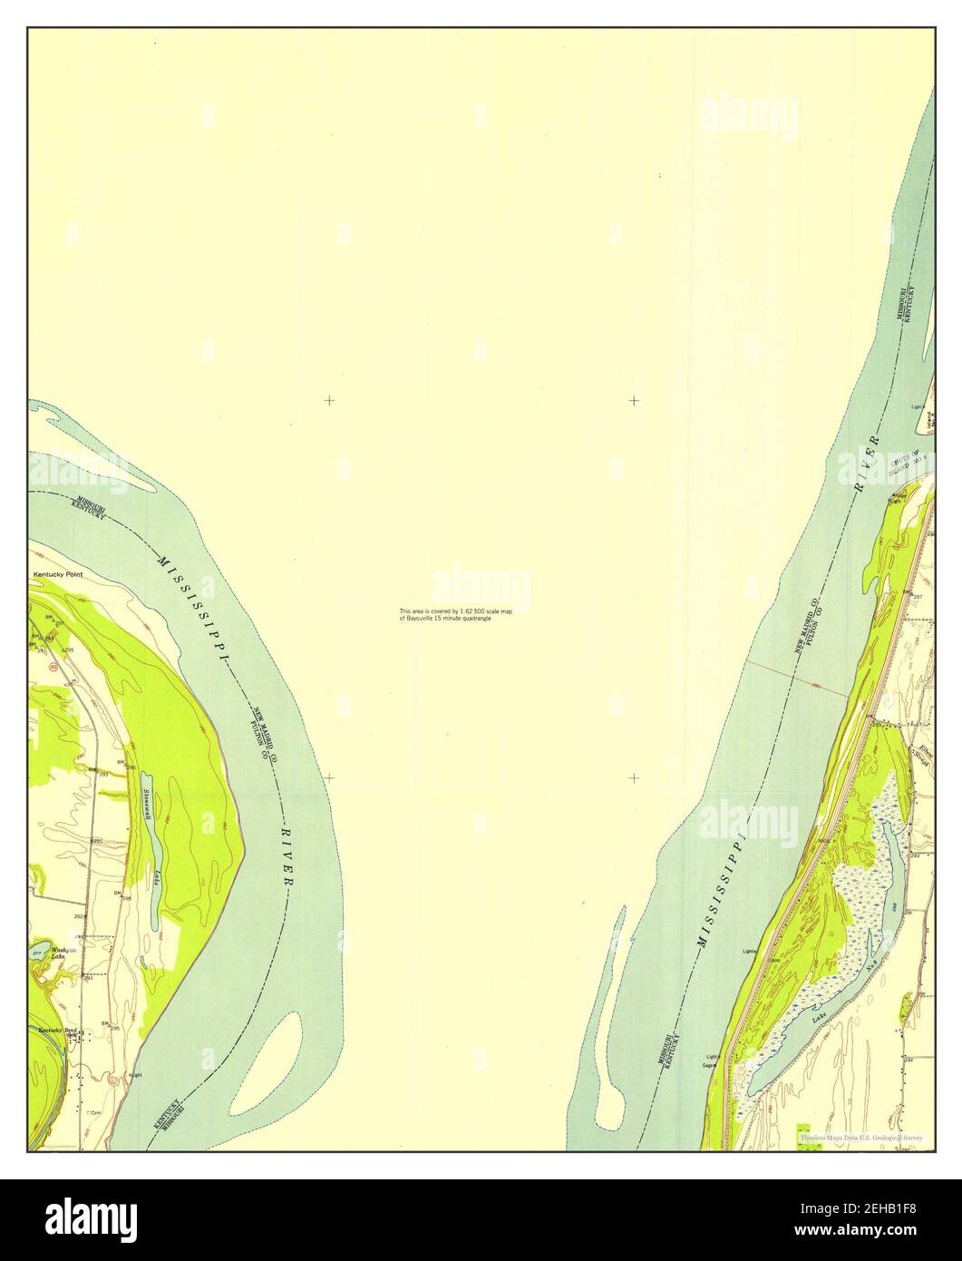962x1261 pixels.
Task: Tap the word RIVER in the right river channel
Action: point(867,464)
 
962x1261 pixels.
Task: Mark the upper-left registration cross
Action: point(329,399)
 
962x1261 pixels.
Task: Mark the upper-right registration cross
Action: point(634,399)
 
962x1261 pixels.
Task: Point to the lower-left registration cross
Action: point(329,777)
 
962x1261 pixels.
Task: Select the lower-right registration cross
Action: point(634,777)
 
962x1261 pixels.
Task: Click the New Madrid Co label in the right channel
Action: point(807,626)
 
